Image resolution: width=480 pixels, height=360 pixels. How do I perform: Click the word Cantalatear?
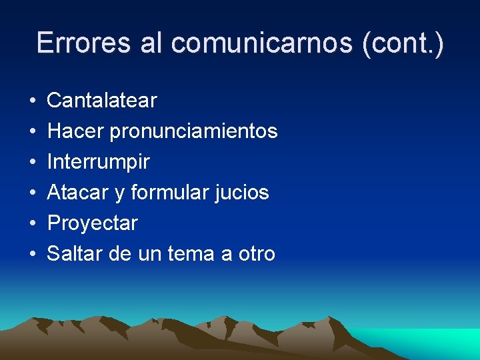[x=102, y=101]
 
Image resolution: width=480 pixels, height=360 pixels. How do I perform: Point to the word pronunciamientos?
[x=194, y=131]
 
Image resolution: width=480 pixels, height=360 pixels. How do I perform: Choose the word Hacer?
[x=75, y=131]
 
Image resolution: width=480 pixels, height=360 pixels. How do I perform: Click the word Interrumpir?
[x=98, y=162]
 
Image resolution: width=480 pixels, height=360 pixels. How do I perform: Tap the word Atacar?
[x=78, y=193]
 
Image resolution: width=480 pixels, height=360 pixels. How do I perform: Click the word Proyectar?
[x=92, y=223]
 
